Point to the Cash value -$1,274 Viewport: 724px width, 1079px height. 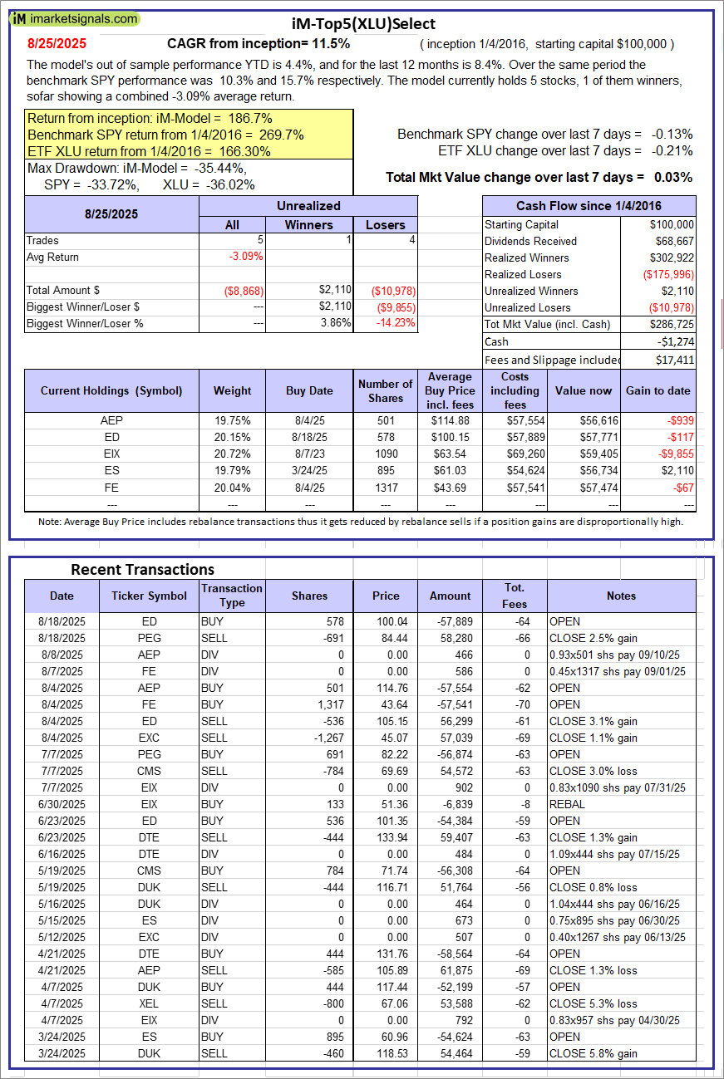pyautogui.click(x=676, y=341)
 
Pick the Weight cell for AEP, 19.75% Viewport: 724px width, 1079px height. pyautogui.click(x=232, y=420)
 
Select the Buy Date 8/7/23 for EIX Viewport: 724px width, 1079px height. pyautogui.click(x=309, y=454)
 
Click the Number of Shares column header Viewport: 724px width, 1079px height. pyautogui.click(x=385, y=390)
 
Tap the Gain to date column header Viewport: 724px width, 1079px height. pyautogui.click(x=658, y=390)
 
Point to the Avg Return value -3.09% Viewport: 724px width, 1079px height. pyautogui.click(x=246, y=257)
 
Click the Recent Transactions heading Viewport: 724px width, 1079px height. pyautogui.click(x=142, y=569)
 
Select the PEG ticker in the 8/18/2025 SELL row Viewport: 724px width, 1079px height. pyautogui.click(x=150, y=638)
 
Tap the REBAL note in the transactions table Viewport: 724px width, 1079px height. pyautogui.click(x=566, y=804)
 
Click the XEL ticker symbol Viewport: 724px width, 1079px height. pyautogui.click(x=150, y=1003)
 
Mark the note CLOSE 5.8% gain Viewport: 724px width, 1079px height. pyautogui.click(x=593, y=1053)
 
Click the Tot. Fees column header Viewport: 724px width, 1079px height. pyautogui.click(x=515, y=596)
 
